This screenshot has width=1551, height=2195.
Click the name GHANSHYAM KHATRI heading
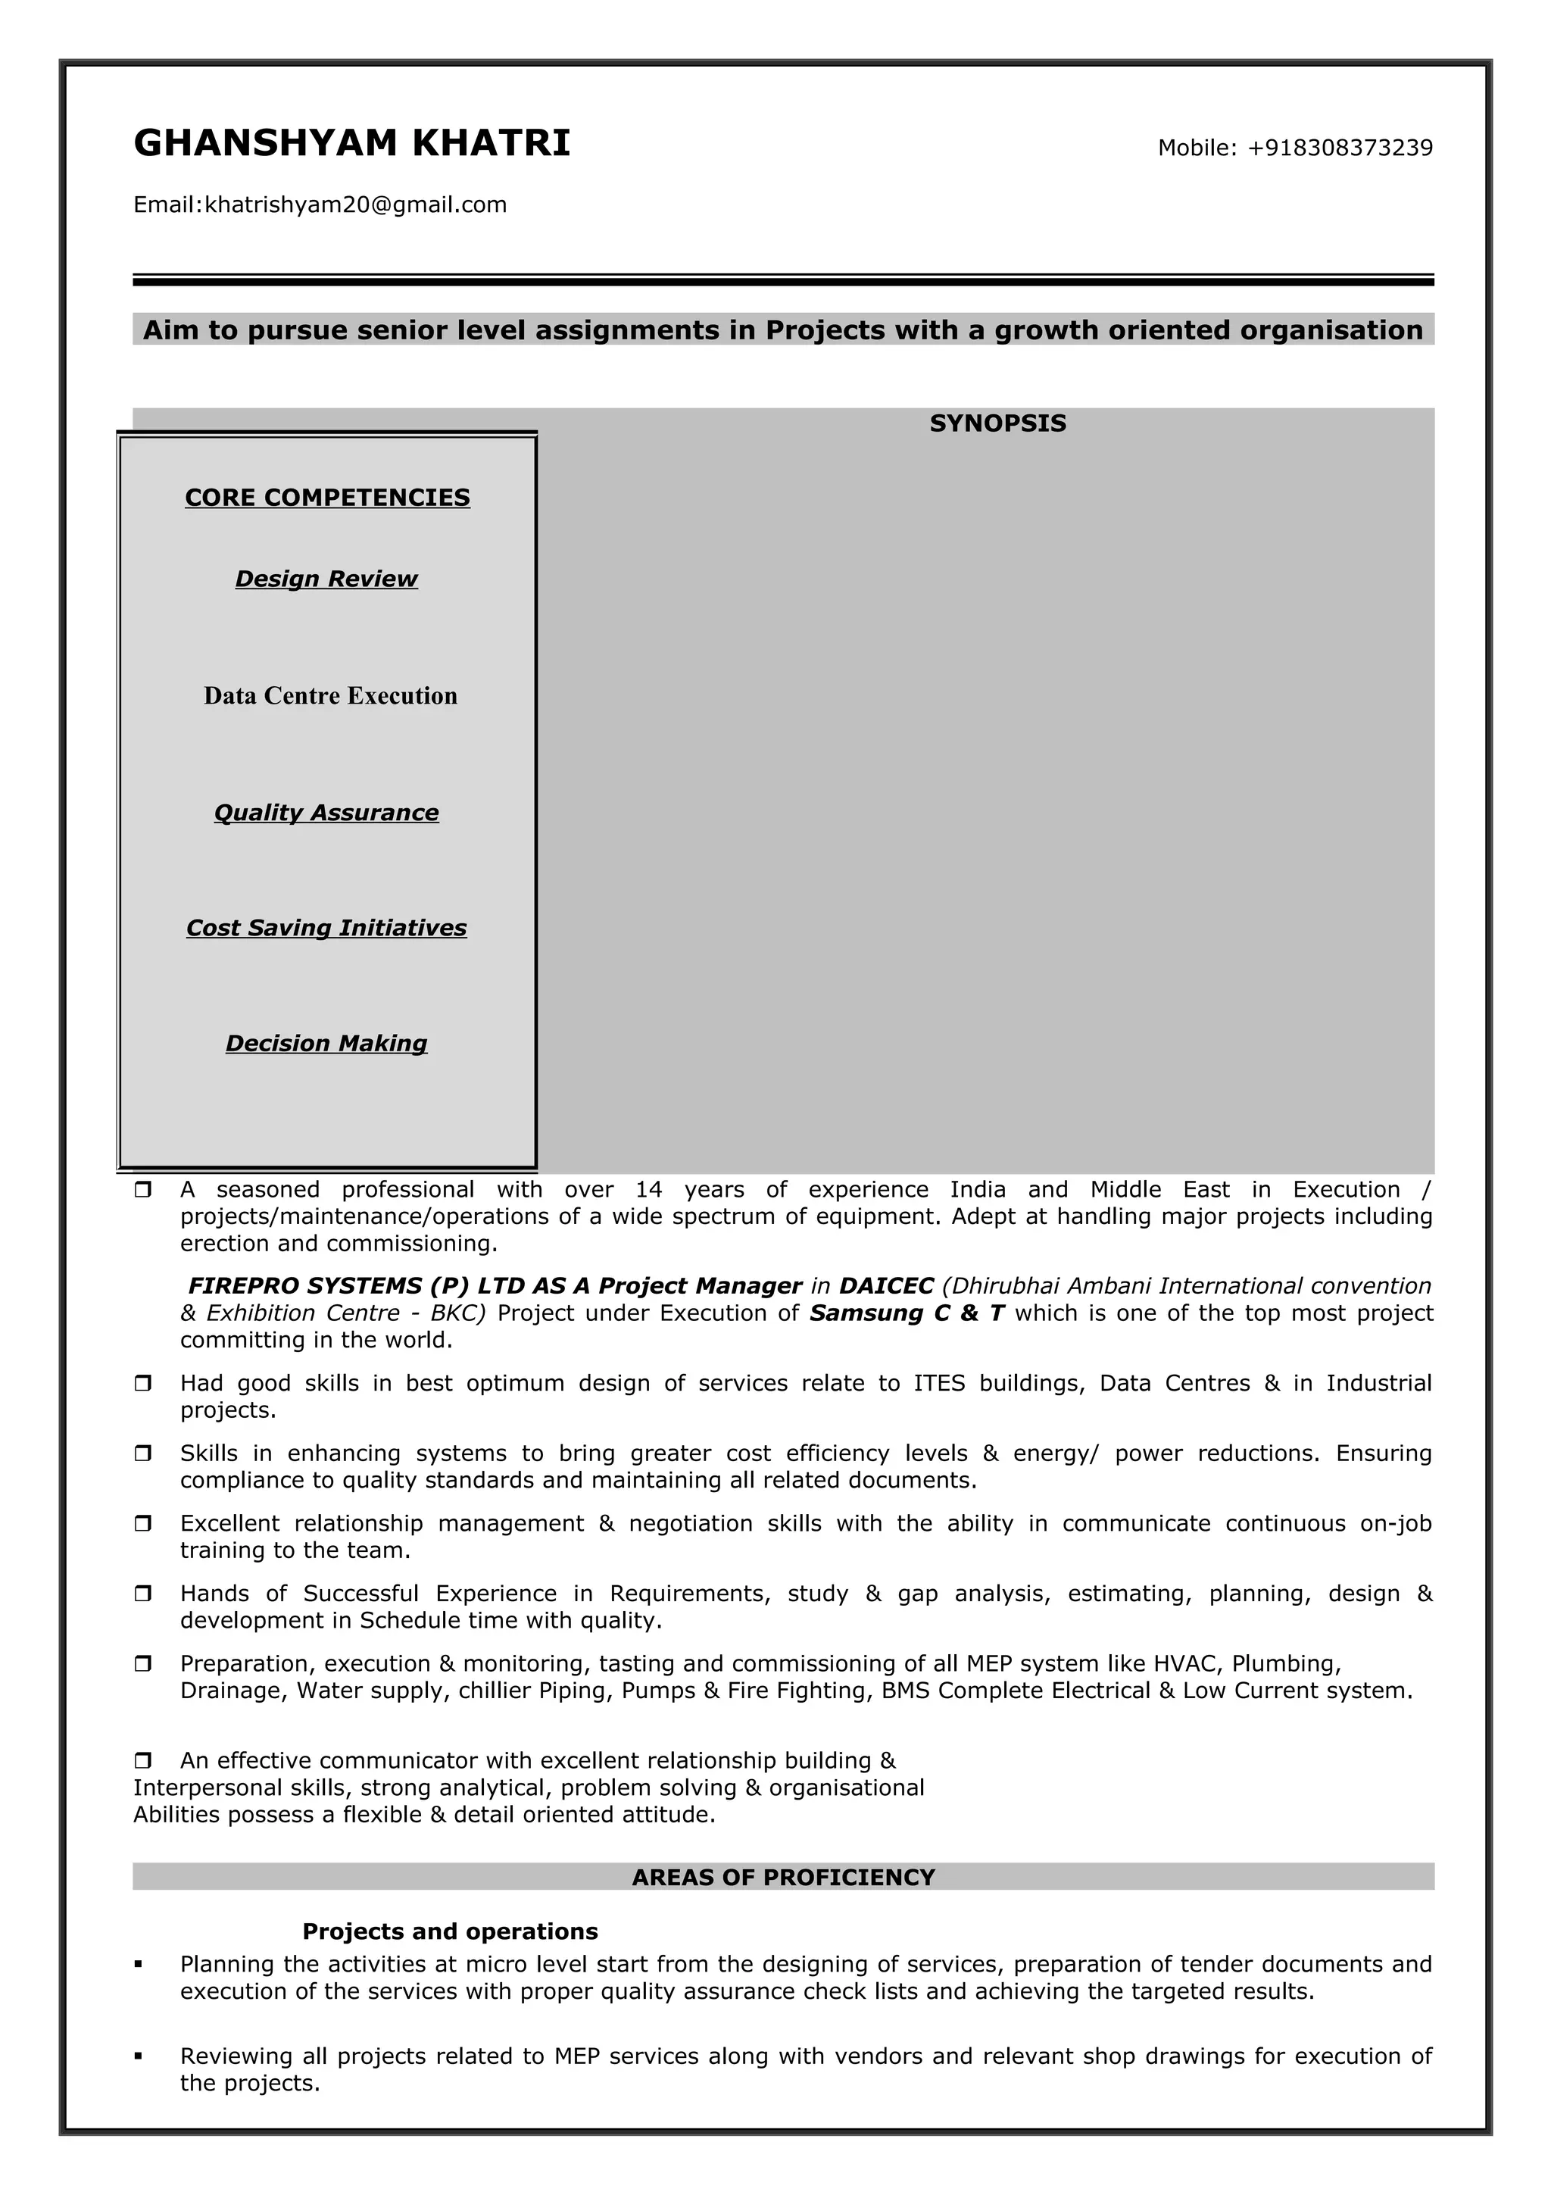[x=351, y=143]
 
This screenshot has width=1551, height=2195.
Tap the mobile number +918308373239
[x=1340, y=148]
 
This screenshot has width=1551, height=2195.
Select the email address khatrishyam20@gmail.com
[x=355, y=205]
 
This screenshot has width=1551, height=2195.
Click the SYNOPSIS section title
[x=997, y=423]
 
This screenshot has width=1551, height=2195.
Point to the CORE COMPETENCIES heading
[x=327, y=498]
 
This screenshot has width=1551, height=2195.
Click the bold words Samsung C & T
[x=907, y=1313]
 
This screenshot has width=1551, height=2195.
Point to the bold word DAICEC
[x=886, y=1287]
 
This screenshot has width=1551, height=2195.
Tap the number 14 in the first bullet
[x=649, y=1190]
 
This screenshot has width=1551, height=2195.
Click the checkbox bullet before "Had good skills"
[x=143, y=1383]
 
